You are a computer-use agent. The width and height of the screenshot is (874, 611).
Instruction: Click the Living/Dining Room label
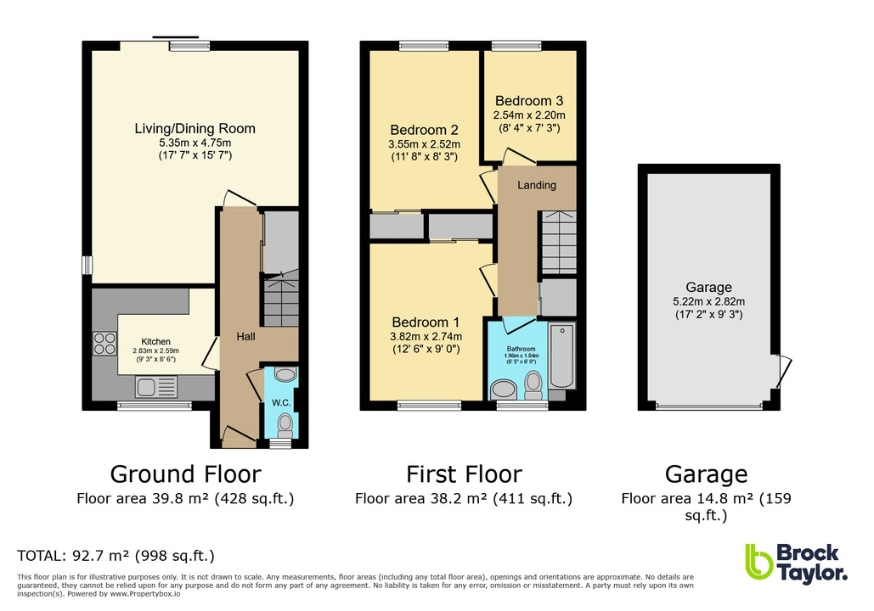[195, 129]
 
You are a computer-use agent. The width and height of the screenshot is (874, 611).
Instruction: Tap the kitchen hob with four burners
[104, 343]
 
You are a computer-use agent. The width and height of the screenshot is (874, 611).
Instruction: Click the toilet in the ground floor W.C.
[285, 423]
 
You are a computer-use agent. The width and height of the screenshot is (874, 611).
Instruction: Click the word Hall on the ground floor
[247, 337]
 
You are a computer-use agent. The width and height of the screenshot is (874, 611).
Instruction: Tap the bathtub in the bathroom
[562, 356]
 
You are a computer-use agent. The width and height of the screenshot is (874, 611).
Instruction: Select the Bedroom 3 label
[529, 98]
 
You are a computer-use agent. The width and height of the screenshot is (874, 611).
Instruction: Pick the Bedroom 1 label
[426, 322]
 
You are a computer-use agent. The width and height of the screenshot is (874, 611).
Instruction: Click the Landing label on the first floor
[537, 185]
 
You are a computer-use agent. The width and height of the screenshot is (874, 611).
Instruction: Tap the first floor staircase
[559, 242]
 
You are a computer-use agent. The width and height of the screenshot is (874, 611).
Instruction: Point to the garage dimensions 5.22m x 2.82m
[708, 301]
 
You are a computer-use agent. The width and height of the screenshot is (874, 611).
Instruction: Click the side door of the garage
[785, 369]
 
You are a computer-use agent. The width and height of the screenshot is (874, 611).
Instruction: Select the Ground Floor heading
[185, 474]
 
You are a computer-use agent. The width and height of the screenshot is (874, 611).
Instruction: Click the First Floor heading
[464, 474]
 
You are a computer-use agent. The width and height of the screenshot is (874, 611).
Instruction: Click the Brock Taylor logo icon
[757, 563]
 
